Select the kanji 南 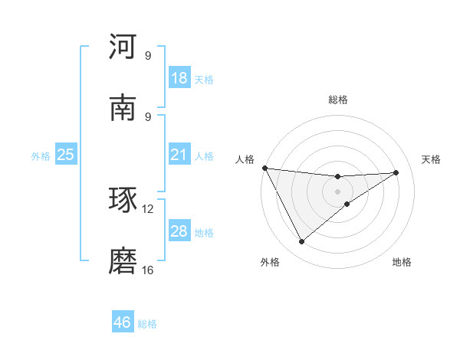coord(123,108)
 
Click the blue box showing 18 coord(179,78)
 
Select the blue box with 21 coord(179,155)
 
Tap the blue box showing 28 coord(179,231)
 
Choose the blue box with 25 coord(66,155)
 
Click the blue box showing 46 coord(123,322)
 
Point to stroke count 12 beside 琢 coord(148,208)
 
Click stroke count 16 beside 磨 coord(148,270)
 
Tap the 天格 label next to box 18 coord(204,79)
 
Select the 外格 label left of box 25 coord(41,155)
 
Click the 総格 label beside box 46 coord(147,323)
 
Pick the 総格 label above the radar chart coord(338,100)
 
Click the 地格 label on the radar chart coord(402,262)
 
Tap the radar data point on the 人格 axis coord(264,168)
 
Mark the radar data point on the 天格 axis coord(396,172)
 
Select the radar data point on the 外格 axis coord(301,242)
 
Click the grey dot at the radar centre coord(338,191)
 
